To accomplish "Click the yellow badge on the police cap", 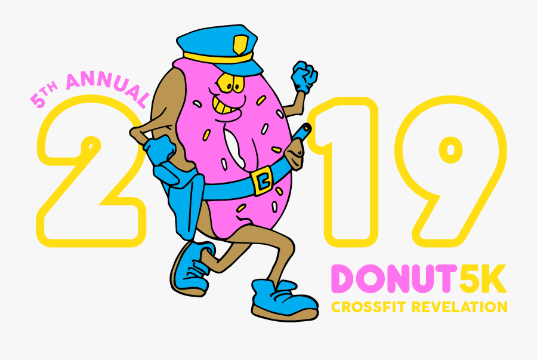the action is click(x=240, y=45).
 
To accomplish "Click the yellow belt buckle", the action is click(x=262, y=180).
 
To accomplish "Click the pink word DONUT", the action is click(x=395, y=278).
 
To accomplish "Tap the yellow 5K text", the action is click(x=483, y=278).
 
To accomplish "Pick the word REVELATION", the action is click(x=459, y=307).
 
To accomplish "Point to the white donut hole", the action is click(x=236, y=148).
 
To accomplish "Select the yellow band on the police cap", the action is click(x=218, y=58).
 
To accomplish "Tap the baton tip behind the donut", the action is click(x=305, y=130).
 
